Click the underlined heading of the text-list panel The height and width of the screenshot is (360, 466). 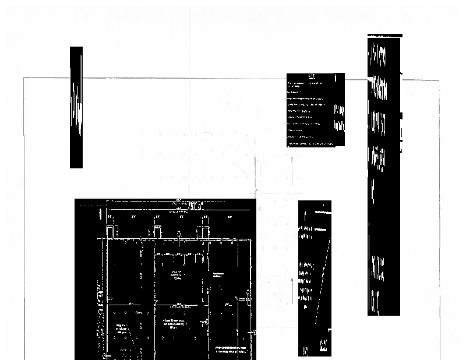click(310, 76)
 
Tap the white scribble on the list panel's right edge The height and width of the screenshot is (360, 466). click(338, 117)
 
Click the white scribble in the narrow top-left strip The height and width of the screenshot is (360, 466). click(76, 108)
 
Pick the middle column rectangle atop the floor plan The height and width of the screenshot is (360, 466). click(157, 232)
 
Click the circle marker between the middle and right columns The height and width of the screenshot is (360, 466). click(179, 233)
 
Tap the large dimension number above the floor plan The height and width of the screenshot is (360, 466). click(195, 206)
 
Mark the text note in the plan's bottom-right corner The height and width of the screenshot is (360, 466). click(234, 350)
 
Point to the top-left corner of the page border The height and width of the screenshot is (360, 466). click(24, 78)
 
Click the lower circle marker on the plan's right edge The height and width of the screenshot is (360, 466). click(255, 332)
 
